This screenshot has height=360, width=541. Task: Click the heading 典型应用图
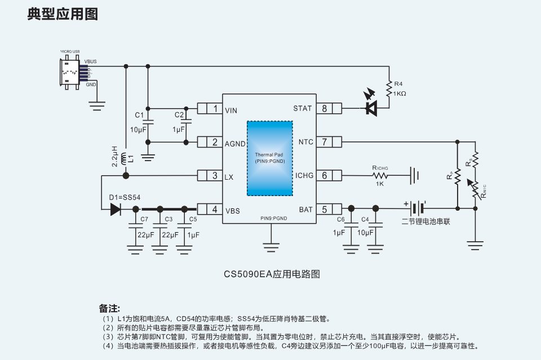(x=63, y=14)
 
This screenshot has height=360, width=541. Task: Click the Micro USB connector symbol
(x=70, y=72)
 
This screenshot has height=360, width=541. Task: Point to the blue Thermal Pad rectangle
(x=269, y=158)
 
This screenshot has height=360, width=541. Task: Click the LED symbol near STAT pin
(x=371, y=108)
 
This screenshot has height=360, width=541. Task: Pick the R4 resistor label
(x=398, y=84)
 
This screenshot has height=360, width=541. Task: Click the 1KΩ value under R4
(x=400, y=94)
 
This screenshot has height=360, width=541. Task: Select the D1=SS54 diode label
(x=125, y=197)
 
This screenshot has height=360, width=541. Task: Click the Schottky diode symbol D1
(x=116, y=210)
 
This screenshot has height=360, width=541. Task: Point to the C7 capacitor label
(x=144, y=219)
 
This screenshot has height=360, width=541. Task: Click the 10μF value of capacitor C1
(x=139, y=130)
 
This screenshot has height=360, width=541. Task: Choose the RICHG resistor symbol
(x=380, y=175)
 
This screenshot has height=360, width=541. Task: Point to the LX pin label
(x=229, y=176)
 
